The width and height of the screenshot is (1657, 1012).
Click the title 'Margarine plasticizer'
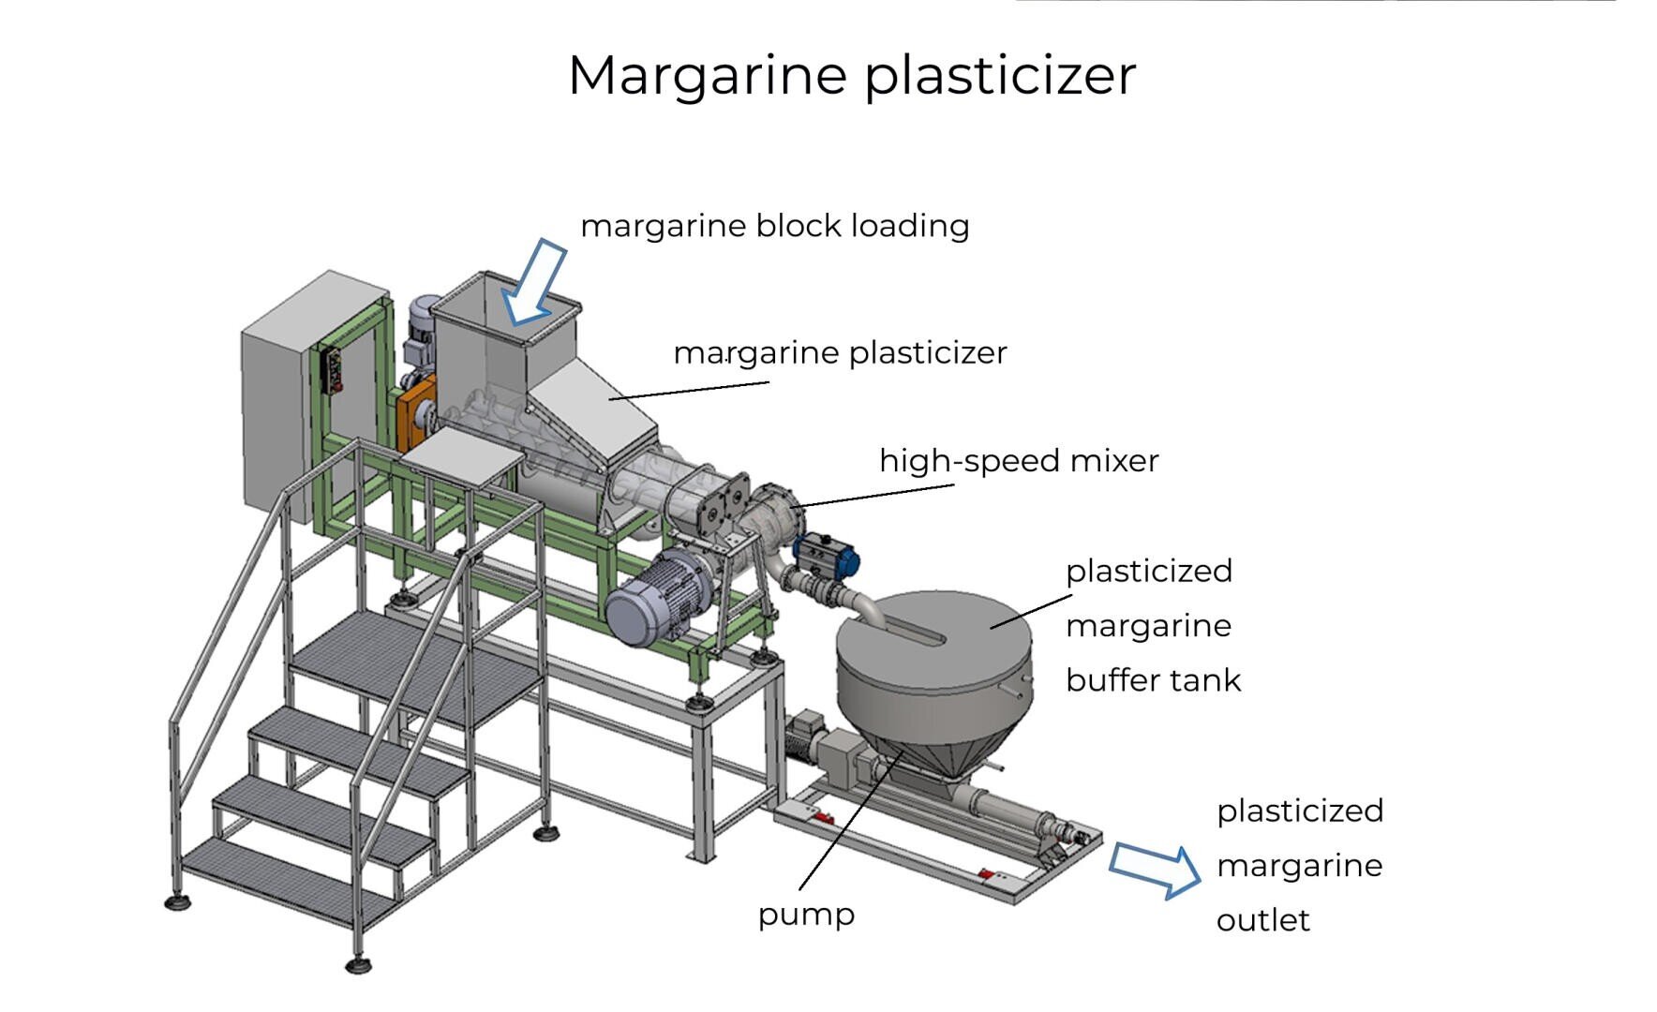pyautogui.click(x=851, y=75)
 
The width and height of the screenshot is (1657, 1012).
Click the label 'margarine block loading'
pyautogui.click(x=774, y=226)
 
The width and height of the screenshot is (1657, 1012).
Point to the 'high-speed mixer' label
pyautogui.click(x=1019, y=461)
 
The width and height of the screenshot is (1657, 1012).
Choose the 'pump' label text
pyautogui.click(x=806, y=915)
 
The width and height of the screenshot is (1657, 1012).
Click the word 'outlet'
pyautogui.click(x=1262, y=920)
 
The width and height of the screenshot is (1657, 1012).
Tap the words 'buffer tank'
pyautogui.click(x=1153, y=680)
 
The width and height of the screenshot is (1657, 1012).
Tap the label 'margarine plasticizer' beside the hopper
pyautogui.click(x=840, y=353)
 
